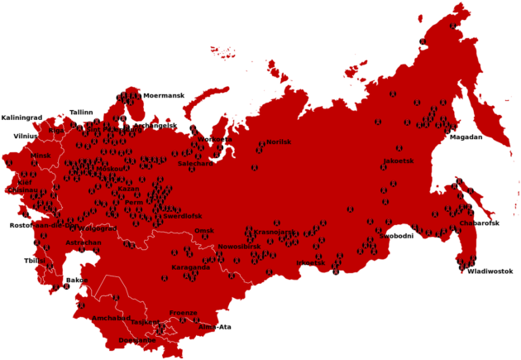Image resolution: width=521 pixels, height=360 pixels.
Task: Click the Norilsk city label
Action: [x=279, y=142]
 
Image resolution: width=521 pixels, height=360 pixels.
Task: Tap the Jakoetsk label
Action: [x=398, y=161]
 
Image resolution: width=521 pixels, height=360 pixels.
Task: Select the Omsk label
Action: [x=203, y=231]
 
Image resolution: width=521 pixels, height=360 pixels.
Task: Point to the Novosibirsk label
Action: [x=239, y=247]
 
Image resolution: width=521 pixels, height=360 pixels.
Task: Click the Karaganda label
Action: [x=190, y=267]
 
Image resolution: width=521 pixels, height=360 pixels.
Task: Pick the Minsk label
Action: [x=41, y=155]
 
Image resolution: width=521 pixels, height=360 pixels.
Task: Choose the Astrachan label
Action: [x=83, y=242]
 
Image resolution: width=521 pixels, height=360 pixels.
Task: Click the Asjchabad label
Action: [x=112, y=317]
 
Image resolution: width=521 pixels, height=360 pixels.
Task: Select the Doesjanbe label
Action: [x=136, y=340]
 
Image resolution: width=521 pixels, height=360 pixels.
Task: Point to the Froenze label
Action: [x=183, y=312]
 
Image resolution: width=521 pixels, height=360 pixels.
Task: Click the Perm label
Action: [x=134, y=202]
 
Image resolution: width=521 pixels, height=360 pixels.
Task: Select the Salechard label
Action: [x=195, y=163]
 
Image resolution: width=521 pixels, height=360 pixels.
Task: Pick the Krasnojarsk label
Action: [x=274, y=232]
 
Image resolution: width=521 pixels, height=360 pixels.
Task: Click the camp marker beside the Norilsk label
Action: [x=260, y=149]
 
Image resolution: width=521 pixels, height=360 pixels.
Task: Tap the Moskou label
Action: [x=109, y=168]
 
